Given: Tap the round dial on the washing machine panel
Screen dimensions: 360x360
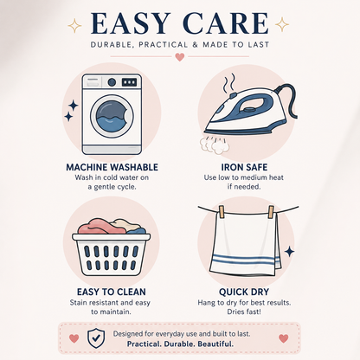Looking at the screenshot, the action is coord(112,82).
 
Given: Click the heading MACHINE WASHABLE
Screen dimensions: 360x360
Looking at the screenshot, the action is coord(112,167).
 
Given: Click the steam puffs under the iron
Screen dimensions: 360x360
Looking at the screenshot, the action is coord(215,145).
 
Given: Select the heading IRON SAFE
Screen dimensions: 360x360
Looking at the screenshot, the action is coord(244,167).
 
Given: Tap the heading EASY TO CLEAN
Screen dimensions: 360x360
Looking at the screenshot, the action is coord(112,292).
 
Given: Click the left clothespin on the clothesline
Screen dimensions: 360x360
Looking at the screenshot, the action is coord(222,212).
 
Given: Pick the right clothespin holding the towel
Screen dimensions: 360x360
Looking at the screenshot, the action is coord(271,212).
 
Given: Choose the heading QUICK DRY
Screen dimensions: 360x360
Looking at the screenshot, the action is coord(244,292).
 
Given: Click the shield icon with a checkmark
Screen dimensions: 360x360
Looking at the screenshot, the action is coord(96,338).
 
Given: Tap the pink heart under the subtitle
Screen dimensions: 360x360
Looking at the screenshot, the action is coord(180,57).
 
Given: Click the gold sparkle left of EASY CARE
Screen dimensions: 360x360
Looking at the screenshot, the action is coord(74,25).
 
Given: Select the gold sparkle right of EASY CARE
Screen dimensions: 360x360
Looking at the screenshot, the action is coord(282,24).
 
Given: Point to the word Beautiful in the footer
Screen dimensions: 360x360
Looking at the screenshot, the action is coord(215,344).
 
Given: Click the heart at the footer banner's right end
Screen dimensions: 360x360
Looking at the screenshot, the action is coord(284,338).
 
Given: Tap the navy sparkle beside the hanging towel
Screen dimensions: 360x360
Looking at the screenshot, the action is coord(289,252).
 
